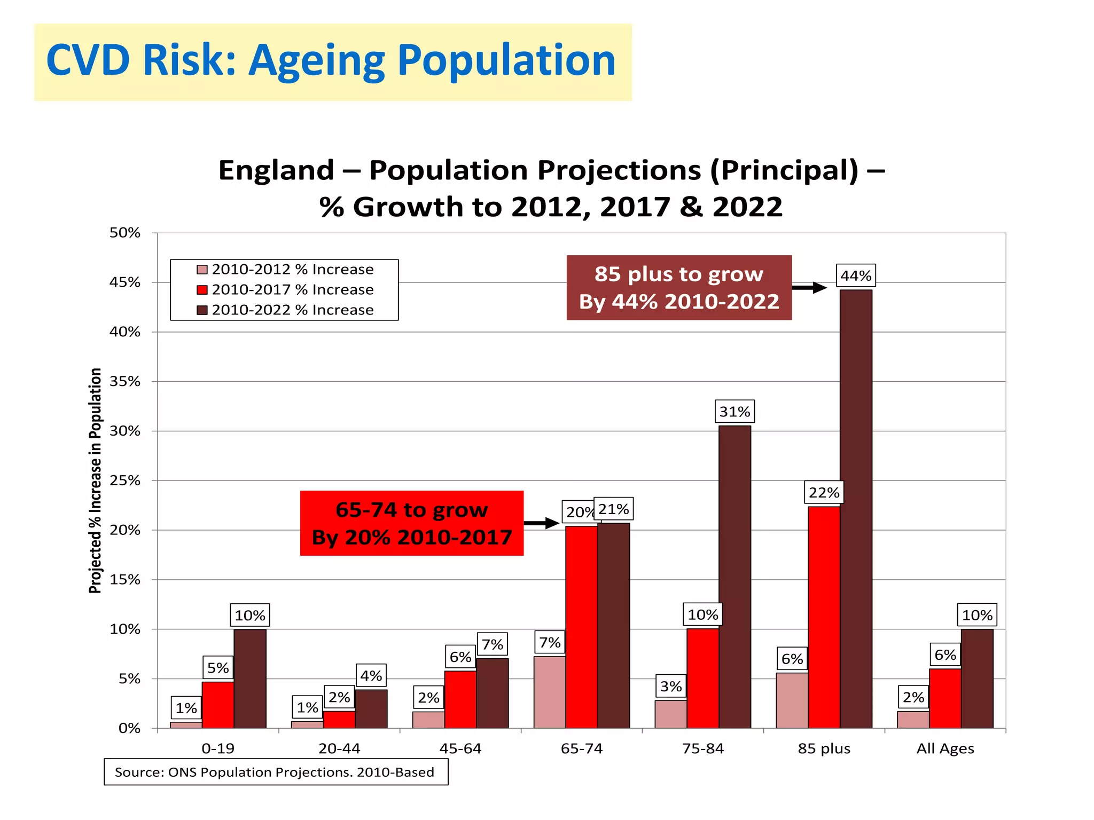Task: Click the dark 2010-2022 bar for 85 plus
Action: click(856, 507)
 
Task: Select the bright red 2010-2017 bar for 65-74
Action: click(581, 627)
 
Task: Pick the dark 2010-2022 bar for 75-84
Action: click(734, 577)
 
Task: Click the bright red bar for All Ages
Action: click(944, 698)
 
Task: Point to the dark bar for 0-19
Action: click(249, 678)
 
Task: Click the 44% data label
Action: click(856, 276)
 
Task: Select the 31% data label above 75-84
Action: click(734, 412)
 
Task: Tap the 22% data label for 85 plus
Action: click(824, 492)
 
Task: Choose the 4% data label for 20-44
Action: click(371, 676)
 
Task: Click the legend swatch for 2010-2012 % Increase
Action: click(202, 270)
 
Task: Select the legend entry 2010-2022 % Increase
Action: click(292, 310)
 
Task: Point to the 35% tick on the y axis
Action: click(125, 381)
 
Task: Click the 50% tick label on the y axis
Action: click(125, 233)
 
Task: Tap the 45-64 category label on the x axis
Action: click(460, 748)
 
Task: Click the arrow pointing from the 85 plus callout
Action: click(809, 288)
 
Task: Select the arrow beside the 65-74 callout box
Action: click(541, 523)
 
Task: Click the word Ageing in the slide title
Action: click(317, 61)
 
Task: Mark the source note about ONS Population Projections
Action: click(275, 772)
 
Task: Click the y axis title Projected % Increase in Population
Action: click(95, 480)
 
